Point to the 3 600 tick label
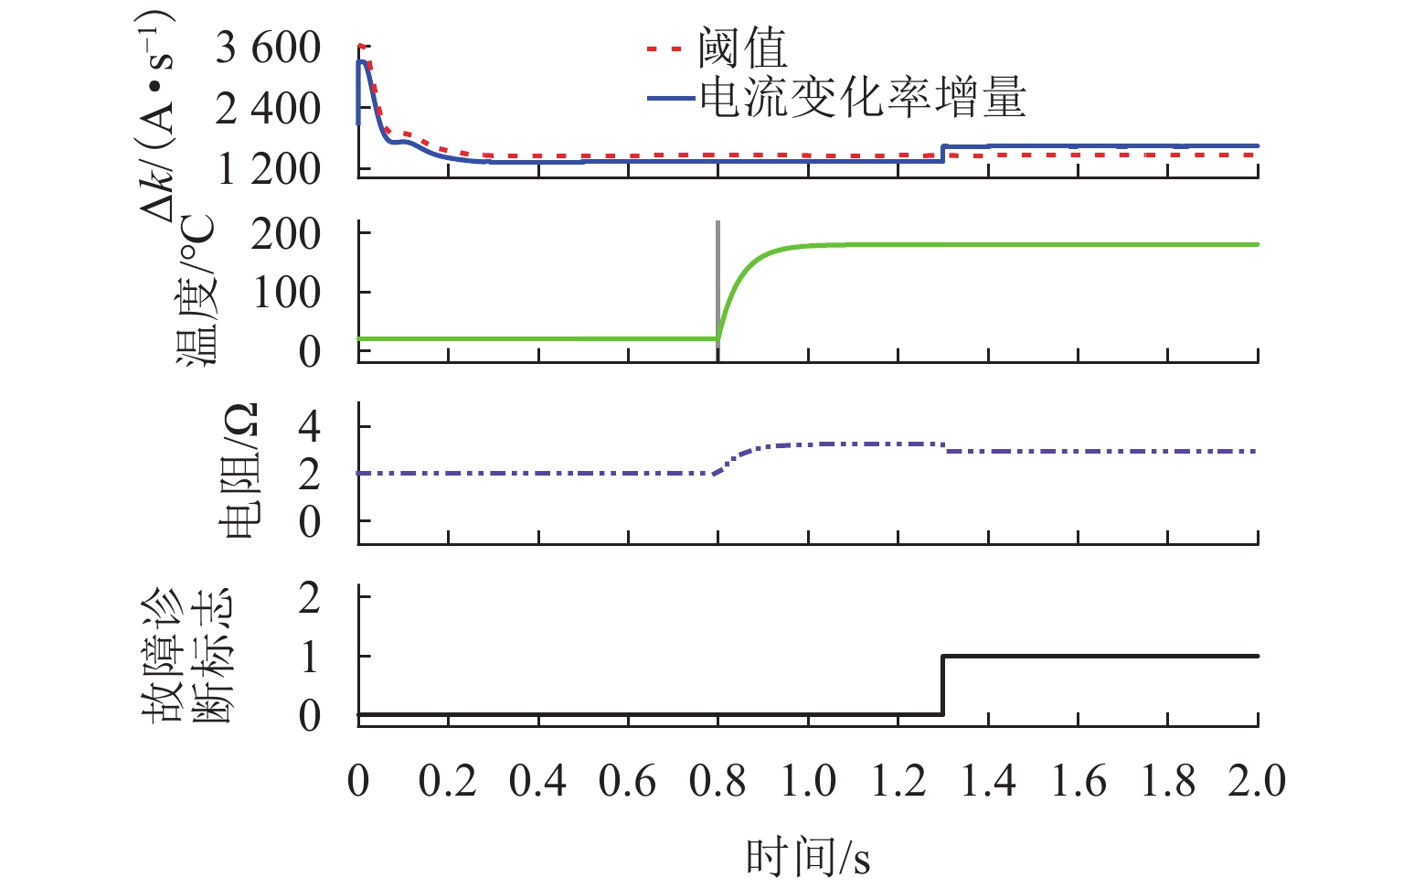(x=268, y=48)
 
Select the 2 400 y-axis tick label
(x=268, y=109)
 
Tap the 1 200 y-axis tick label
(x=268, y=169)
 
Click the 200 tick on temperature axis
(x=285, y=234)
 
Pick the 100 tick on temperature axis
(x=285, y=293)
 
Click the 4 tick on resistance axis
(x=310, y=426)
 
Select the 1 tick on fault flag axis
(x=310, y=657)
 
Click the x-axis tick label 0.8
(x=717, y=782)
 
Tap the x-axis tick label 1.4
(x=988, y=782)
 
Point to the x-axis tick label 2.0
(x=1257, y=782)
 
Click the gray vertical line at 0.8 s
(x=717, y=274)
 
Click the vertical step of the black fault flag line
(x=942, y=685)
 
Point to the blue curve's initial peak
(x=362, y=61)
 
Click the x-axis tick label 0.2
(x=448, y=782)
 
